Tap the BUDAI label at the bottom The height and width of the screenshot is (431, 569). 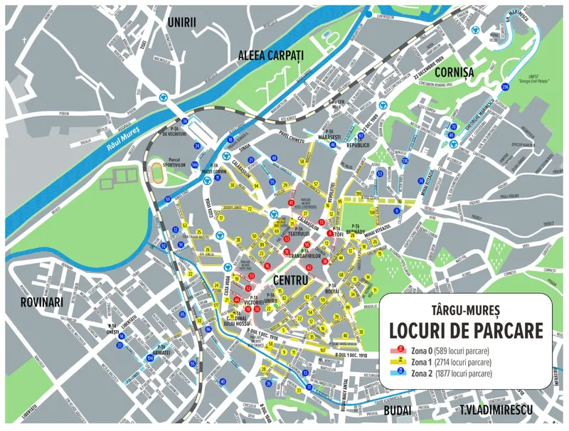click(x=397, y=411)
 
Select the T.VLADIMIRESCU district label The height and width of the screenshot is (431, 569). click(x=496, y=411)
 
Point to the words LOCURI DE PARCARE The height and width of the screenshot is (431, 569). click(x=466, y=331)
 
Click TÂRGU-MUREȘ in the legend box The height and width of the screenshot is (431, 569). click(x=466, y=311)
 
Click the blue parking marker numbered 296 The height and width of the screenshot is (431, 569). click(x=505, y=86)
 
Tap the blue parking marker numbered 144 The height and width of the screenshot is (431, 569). click(x=194, y=164)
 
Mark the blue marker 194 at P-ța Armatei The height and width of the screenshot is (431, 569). click(x=151, y=360)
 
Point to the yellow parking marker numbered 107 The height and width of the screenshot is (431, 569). click(x=323, y=350)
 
